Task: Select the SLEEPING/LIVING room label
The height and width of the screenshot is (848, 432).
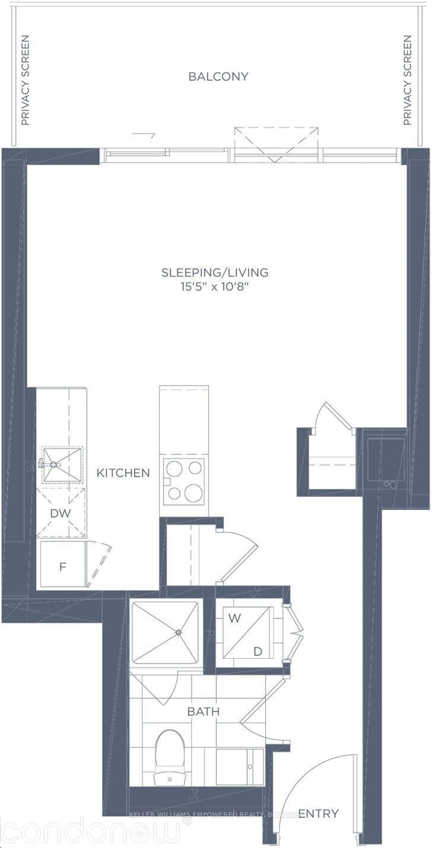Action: pos(215,273)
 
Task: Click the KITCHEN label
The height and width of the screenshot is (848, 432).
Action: pos(123,473)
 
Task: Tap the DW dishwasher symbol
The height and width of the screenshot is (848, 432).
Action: pos(61,513)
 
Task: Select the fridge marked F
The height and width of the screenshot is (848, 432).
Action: pos(63,567)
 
